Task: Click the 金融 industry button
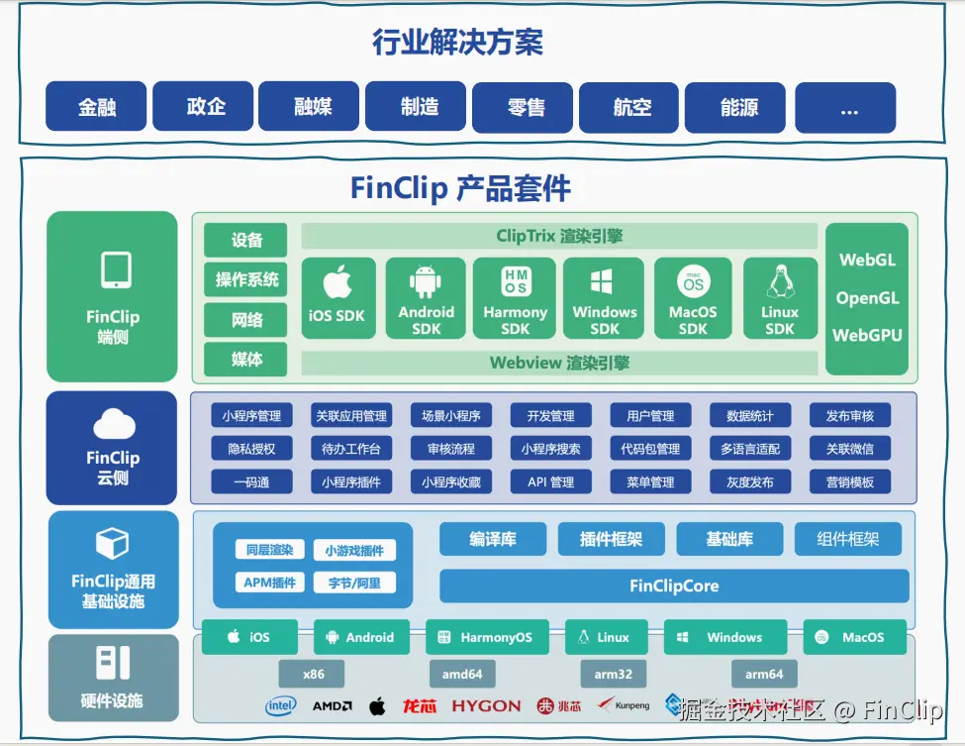[x=97, y=107]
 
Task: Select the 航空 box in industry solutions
[x=631, y=107]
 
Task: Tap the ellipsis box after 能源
[x=846, y=107]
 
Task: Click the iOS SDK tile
[x=338, y=298]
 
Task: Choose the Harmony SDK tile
[x=515, y=298]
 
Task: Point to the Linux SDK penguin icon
[x=780, y=281]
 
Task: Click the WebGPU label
[x=867, y=335]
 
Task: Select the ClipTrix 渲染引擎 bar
[x=559, y=236]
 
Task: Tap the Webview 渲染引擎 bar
[x=559, y=363]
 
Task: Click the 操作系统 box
[x=246, y=279]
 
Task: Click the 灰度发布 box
[x=749, y=482]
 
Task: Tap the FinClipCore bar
[x=674, y=586]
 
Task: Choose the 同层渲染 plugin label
[x=269, y=550]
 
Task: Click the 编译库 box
[x=492, y=539]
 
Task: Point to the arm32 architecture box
[x=614, y=674]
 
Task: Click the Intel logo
[x=281, y=706]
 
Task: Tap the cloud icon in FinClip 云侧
[x=113, y=424]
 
